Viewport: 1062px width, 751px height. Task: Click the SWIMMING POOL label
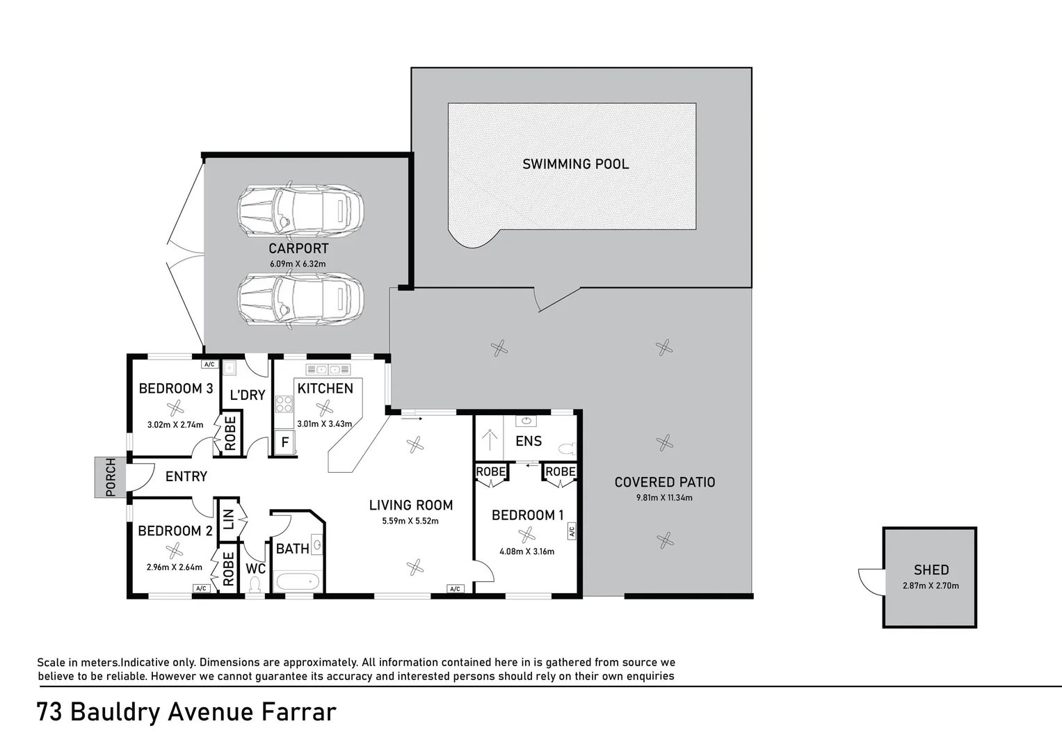tap(575, 164)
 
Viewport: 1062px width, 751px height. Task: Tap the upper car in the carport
tap(300, 210)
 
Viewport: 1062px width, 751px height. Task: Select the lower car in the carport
tap(300, 299)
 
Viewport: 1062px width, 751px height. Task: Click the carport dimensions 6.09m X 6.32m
tap(298, 264)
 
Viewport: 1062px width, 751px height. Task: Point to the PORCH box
tap(110, 477)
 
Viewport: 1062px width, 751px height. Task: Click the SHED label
tap(931, 570)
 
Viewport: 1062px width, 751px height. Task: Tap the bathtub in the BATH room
tap(298, 581)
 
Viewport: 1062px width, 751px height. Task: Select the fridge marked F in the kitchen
tap(285, 442)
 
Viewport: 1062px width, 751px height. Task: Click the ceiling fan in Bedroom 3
tap(175, 407)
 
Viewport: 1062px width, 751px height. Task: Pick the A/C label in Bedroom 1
tap(572, 531)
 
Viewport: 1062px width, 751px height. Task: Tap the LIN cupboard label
tap(228, 519)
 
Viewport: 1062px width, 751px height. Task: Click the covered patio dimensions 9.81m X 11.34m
tap(664, 498)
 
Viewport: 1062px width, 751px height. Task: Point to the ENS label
tap(529, 441)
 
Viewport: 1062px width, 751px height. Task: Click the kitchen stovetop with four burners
tap(284, 404)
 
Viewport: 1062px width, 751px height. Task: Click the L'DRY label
tap(248, 395)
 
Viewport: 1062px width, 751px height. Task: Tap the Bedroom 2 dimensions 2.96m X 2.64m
tap(174, 567)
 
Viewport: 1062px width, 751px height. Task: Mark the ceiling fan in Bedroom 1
tap(526, 535)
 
